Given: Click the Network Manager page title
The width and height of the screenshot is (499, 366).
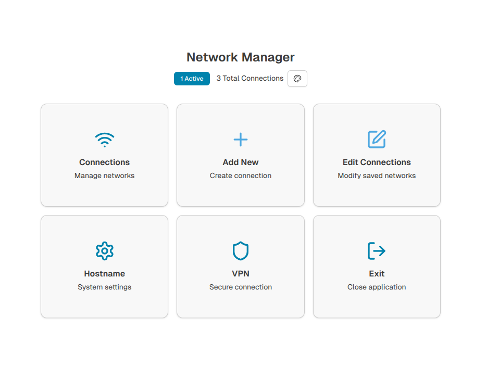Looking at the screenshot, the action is (240, 57).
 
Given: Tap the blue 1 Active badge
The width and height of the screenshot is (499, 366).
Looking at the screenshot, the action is (192, 79).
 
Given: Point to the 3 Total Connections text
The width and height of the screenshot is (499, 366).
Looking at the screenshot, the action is (250, 78).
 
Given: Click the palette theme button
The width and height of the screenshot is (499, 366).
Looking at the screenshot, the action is (297, 79).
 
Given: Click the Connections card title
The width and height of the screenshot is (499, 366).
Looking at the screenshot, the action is (104, 162).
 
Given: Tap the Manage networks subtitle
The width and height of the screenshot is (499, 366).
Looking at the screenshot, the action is (104, 175).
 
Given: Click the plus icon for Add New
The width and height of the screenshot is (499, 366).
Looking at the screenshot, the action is (241, 140).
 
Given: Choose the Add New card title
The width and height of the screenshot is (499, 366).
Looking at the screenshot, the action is (241, 162).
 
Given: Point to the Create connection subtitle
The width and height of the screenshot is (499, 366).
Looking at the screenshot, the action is (241, 175).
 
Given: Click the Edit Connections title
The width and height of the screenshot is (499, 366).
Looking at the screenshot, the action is (377, 162).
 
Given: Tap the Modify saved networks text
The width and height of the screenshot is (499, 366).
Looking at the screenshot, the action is (377, 175).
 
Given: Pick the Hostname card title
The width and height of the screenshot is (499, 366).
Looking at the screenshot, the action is (104, 273).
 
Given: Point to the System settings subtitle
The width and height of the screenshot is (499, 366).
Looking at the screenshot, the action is (104, 287).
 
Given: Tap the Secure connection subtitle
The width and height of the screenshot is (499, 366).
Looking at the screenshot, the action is (241, 287).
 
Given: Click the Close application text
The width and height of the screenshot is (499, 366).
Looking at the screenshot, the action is (377, 287).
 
